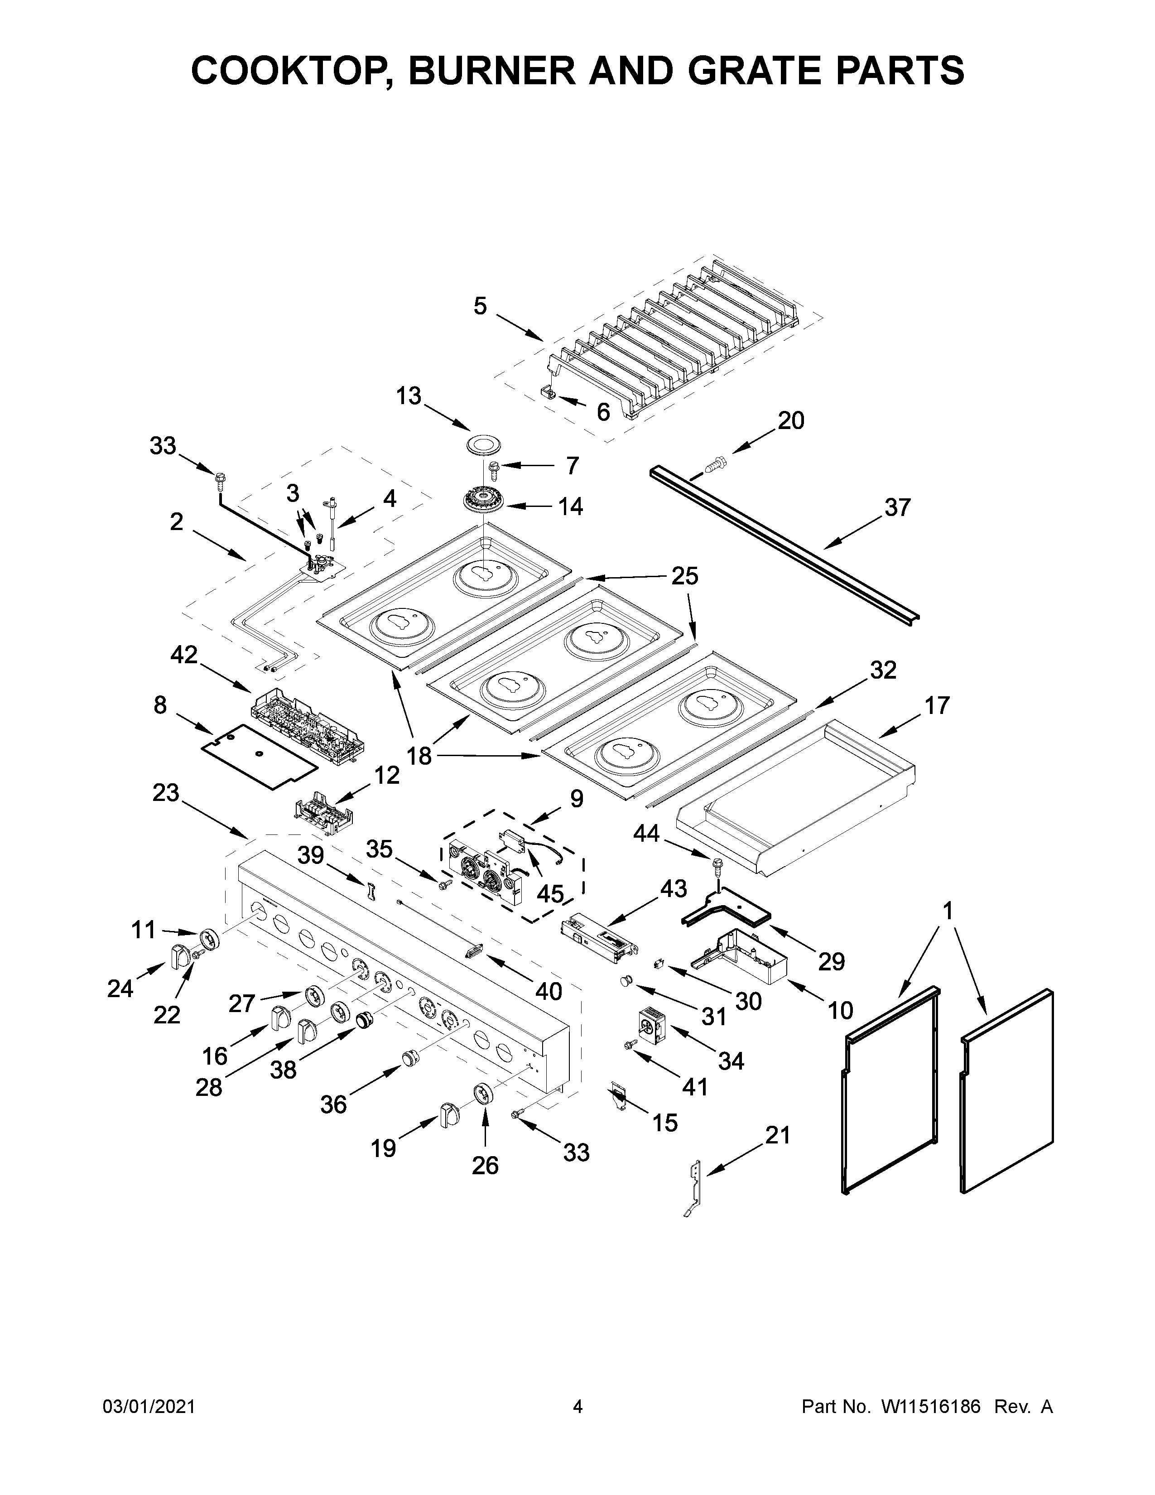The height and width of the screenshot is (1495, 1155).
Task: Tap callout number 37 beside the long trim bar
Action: click(x=897, y=507)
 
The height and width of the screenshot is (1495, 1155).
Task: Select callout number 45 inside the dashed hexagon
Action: click(x=549, y=894)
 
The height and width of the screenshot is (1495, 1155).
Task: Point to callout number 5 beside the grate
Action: click(x=480, y=306)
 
